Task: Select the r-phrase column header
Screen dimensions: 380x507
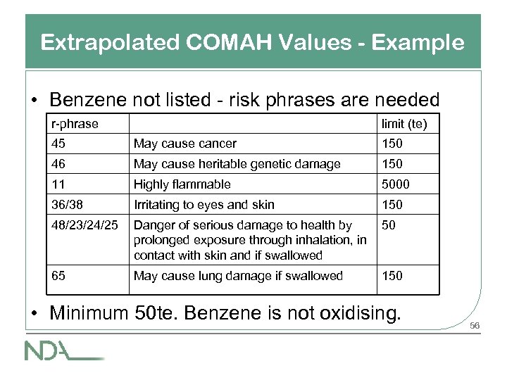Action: coord(75,124)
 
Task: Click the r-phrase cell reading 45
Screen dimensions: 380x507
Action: coord(58,144)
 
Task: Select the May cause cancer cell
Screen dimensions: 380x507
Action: coord(185,144)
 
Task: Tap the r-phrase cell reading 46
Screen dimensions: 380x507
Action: coord(58,164)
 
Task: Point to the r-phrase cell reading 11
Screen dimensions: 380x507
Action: coord(57,184)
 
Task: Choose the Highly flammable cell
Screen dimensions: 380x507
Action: coord(182,184)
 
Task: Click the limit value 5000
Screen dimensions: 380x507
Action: coord(396,184)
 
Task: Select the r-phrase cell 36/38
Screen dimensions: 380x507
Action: coord(67,205)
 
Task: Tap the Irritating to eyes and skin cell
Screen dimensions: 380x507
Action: coord(204,205)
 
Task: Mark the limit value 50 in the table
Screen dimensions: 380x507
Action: coord(388,225)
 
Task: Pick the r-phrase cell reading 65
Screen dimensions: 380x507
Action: coord(58,275)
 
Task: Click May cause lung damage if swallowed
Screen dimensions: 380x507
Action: coord(238,275)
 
